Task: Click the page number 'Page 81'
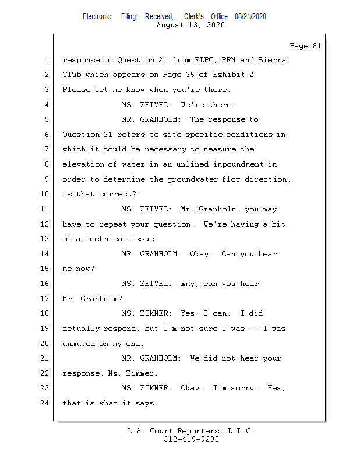[305, 46]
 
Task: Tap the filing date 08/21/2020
[250, 16]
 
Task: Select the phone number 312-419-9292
[191, 439]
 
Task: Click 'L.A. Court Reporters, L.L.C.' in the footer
[191, 431]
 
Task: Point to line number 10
[45, 194]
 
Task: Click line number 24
[45, 403]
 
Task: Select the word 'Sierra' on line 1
[272, 60]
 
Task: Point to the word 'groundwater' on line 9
[192, 179]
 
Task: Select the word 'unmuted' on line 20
[79, 344]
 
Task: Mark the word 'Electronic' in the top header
[97, 16]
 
